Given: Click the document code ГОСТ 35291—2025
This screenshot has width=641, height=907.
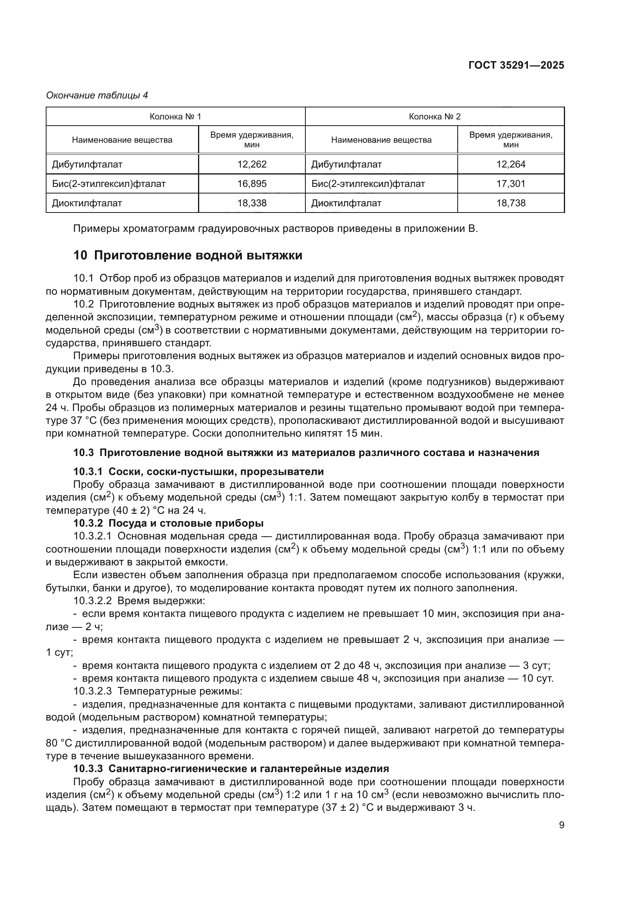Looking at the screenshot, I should pos(516,66).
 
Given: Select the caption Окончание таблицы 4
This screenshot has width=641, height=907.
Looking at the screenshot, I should pos(97,95).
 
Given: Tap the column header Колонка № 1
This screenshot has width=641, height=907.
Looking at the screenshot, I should pos(175,117).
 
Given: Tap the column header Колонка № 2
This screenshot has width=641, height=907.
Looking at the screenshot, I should pos(434,117).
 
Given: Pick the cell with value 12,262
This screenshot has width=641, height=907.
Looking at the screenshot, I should pos(252,164).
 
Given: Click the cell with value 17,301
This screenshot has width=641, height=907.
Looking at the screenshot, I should pos(511,184).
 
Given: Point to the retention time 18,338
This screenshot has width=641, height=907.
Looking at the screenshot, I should pos(252,203).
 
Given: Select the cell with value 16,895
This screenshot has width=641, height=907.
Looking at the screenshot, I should pos(252,184).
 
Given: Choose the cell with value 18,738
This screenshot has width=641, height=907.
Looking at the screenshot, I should pos(511,203).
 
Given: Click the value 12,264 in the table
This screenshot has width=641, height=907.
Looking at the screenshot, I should pos(511,164).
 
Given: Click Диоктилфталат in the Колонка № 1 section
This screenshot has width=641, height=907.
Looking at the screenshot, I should pos(87,203).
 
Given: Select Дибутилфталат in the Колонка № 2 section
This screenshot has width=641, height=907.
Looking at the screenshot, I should pos(346,164).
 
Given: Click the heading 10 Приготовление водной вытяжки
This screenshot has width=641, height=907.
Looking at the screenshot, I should pos(188,256).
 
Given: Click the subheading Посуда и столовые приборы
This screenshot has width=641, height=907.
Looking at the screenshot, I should pos(186,523).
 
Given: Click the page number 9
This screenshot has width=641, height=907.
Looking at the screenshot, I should pos(561,825).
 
